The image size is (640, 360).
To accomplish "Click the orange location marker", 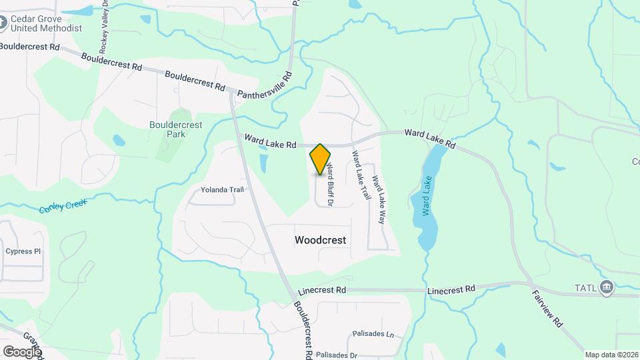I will coord(321,159).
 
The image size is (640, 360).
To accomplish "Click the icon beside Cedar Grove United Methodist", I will coord(3,24).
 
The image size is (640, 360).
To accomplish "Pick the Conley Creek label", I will coord(63,207).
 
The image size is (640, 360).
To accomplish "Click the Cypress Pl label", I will coord(23,251).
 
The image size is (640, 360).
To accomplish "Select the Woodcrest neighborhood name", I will coord(321,240).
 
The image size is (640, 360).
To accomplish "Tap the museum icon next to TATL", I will coord(607,287).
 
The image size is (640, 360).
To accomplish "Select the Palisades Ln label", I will coord(371,333).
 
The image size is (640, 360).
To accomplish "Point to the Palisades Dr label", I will coord(337,355).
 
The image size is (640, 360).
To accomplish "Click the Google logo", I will coord(22,351).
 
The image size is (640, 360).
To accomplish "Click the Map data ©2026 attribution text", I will coord(611,355).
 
